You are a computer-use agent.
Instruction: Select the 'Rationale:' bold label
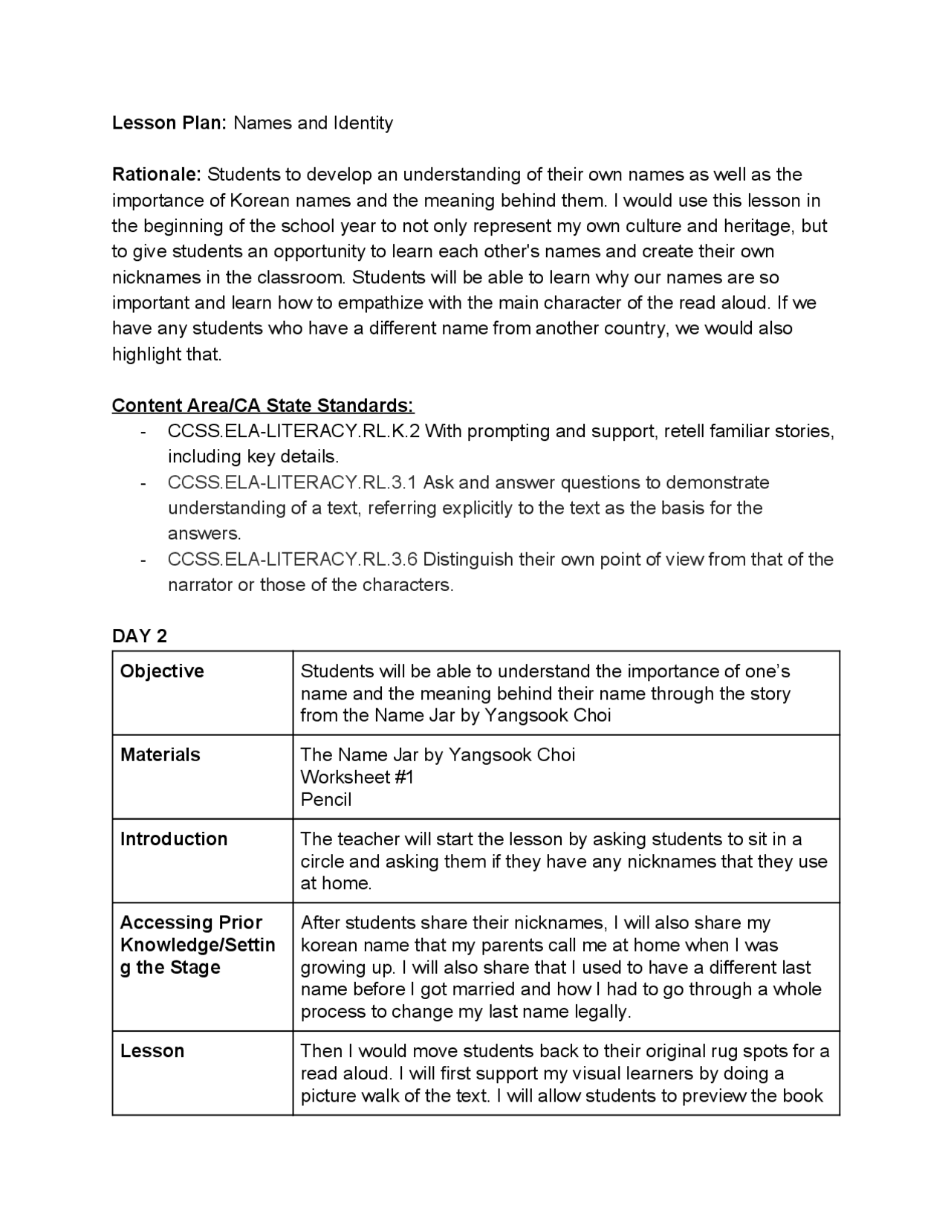(156, 175)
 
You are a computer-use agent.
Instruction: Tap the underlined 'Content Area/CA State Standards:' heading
(263, 405)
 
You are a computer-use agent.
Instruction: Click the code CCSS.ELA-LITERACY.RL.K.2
(293, 431)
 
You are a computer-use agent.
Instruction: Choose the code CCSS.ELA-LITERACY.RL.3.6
(293, 559)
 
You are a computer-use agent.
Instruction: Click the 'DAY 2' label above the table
(140, 636)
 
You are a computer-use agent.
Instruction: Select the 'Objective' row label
(162, 671)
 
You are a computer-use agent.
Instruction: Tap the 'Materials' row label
(160, 755)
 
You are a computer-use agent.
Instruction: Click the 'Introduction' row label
(174, 839)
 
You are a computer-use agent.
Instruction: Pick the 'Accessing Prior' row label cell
(191, 923)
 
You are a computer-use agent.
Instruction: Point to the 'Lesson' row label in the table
(152, 1051)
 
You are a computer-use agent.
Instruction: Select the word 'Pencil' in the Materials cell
(326, 799)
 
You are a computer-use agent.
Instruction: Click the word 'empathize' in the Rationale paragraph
(382, 303)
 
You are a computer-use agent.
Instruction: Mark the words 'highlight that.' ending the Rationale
(167, 354)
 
